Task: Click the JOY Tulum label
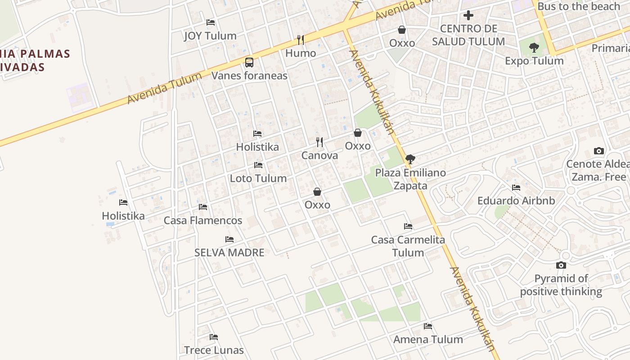[x=210, y=36]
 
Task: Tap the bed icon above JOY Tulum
[x=210, y=22]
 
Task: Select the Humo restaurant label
[x=301, y=53]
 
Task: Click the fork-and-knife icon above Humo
[x=301, y=40]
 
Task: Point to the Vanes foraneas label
[x=249, y=76]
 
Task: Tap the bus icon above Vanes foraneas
[x=249, y=63]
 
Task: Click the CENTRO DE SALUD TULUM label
[x=468, y=35]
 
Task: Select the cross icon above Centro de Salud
[x=468, y=15]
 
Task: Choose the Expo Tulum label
[x=534, y=61]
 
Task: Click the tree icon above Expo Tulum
[x=534, y=47]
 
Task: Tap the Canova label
[x=319, y=156]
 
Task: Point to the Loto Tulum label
[x=258, y=178]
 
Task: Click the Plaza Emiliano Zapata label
[x=410, y=179]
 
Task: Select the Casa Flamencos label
[x=203, y=220]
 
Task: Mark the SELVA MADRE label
[x=229, y=252]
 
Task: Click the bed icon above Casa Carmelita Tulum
[x=408, y=226]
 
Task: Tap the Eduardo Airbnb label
[x=516, y=201]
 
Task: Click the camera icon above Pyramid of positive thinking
[x=561, y=265]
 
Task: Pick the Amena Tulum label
[x=428, y=339]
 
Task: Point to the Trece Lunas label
[x=214, y=350]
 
